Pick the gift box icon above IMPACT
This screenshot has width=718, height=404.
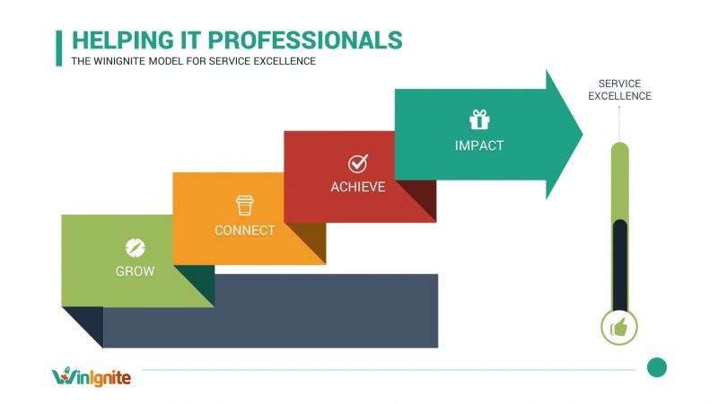478,119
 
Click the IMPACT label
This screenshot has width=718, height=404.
479,145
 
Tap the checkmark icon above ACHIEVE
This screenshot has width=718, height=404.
357,163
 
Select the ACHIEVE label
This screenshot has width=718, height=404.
357,188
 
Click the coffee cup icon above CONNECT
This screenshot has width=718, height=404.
245,205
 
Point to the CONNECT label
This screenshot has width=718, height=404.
245,231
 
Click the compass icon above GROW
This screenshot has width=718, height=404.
135,247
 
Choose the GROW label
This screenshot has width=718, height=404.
135,271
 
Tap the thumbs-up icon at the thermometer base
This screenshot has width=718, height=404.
619,328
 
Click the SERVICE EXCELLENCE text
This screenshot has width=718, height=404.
619,90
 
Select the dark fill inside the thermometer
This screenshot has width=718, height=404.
619,265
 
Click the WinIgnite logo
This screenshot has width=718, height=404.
92,375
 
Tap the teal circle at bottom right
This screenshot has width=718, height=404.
657,367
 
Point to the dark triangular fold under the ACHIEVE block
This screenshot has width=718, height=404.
421,202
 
